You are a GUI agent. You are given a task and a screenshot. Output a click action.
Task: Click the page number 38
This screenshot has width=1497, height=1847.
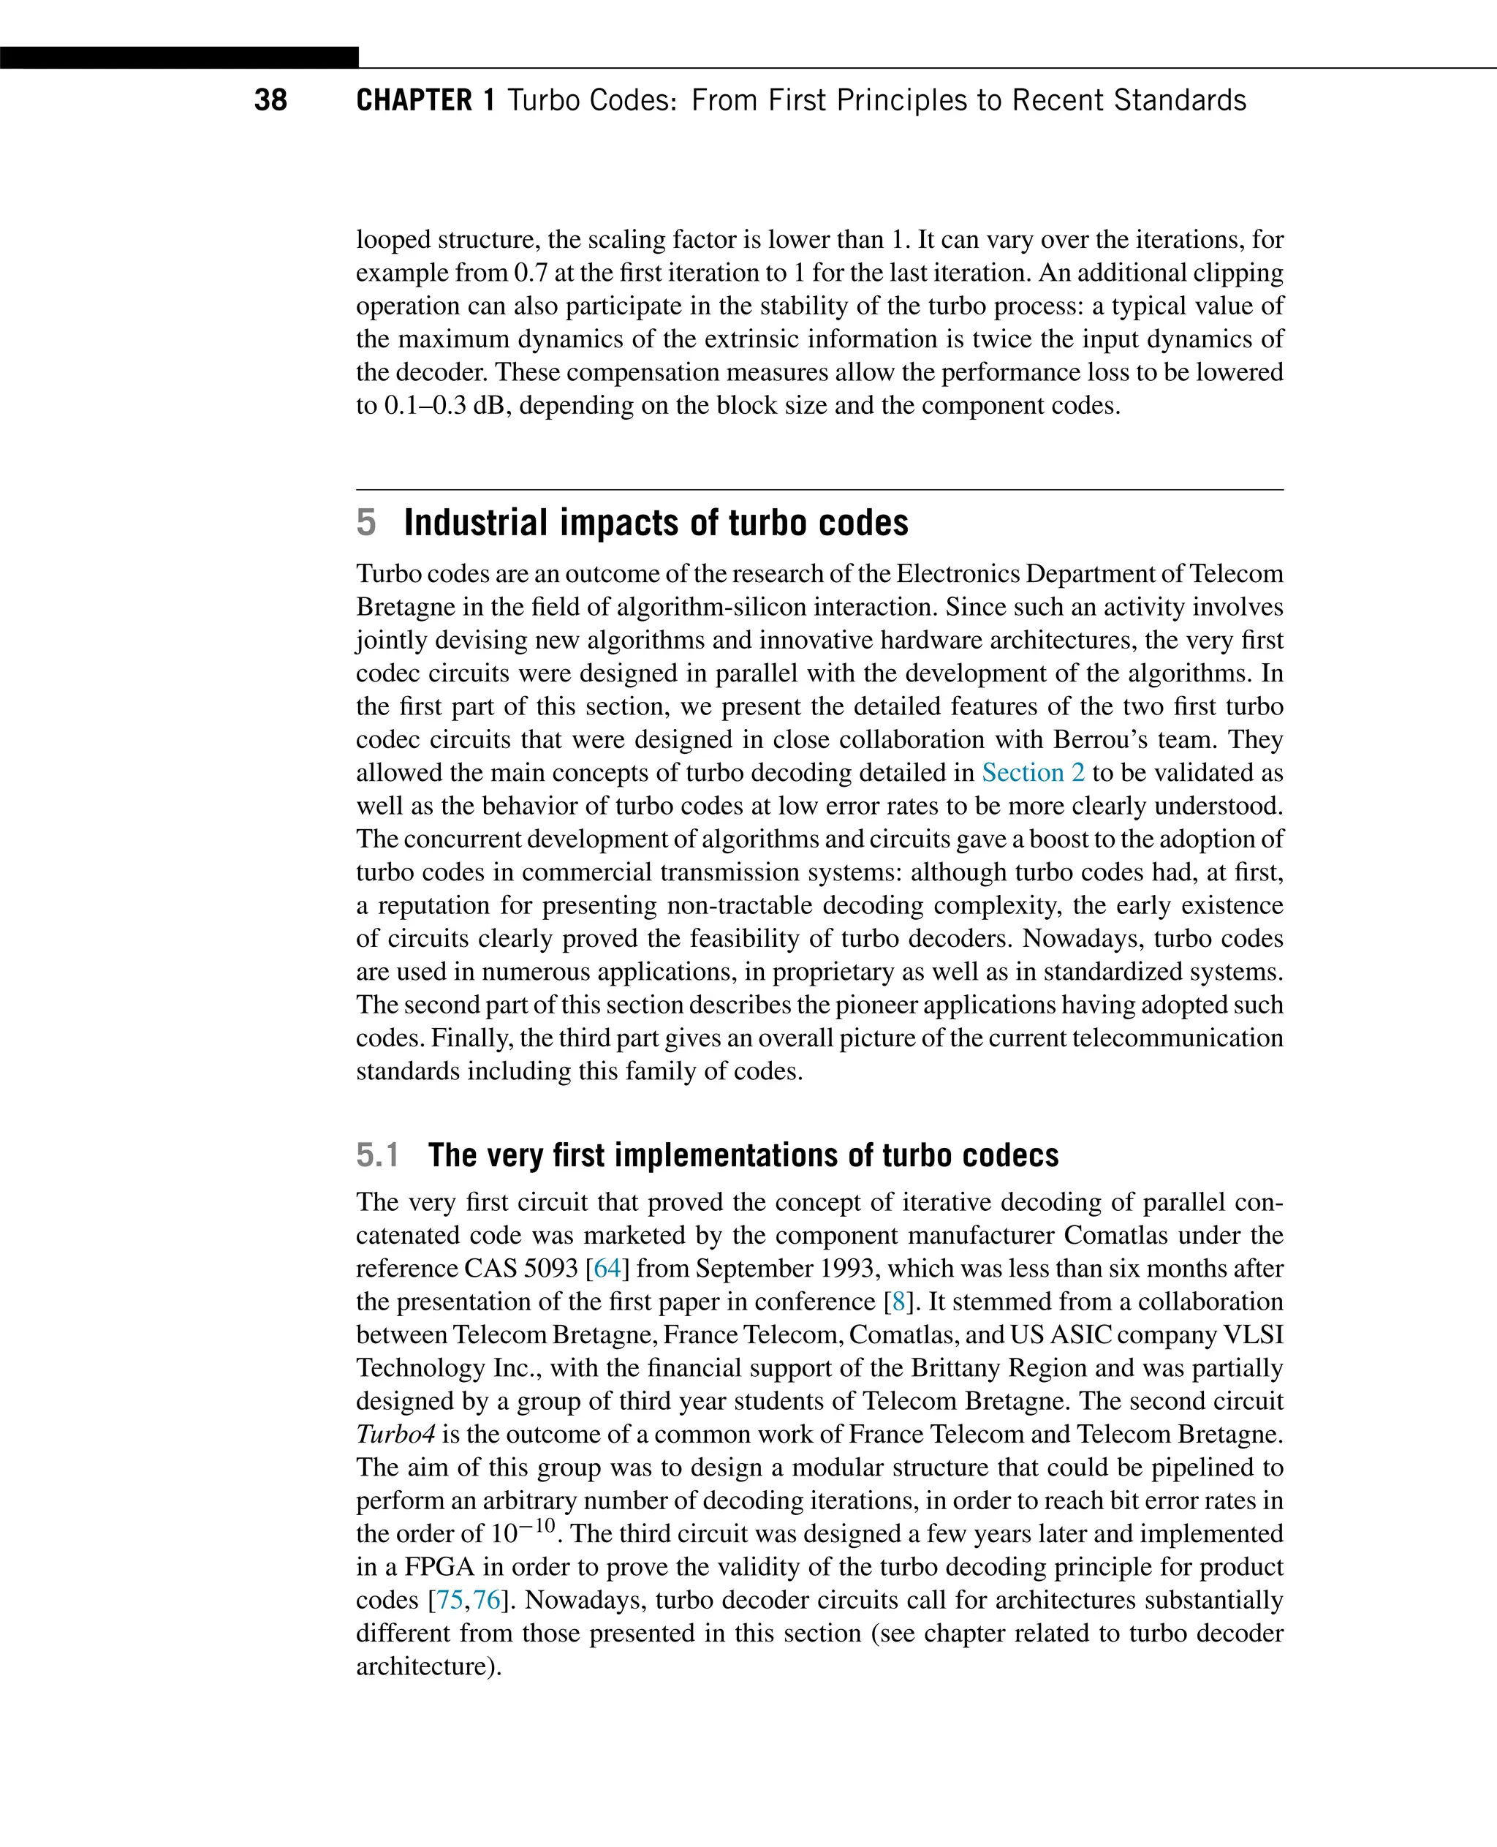coord(270,100)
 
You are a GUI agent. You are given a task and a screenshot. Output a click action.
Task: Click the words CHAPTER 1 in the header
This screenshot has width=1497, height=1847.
coord(425,100)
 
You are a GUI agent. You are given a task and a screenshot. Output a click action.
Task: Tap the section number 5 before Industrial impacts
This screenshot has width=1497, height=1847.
coord(365,523)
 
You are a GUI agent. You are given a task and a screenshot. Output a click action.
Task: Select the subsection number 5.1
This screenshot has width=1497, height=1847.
coord(378,1155)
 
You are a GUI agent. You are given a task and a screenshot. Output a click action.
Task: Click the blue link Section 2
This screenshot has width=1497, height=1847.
coord(1033,772)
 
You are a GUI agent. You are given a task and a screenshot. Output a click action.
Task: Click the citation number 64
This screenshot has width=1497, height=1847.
coord(607,1268)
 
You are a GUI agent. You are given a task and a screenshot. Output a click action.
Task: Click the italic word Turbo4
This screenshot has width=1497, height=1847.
coord(395,1434)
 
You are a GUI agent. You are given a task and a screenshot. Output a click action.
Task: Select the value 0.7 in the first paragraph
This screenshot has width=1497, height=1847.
coord(531,273)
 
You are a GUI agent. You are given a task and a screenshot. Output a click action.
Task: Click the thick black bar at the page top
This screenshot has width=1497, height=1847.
coord(178,57)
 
